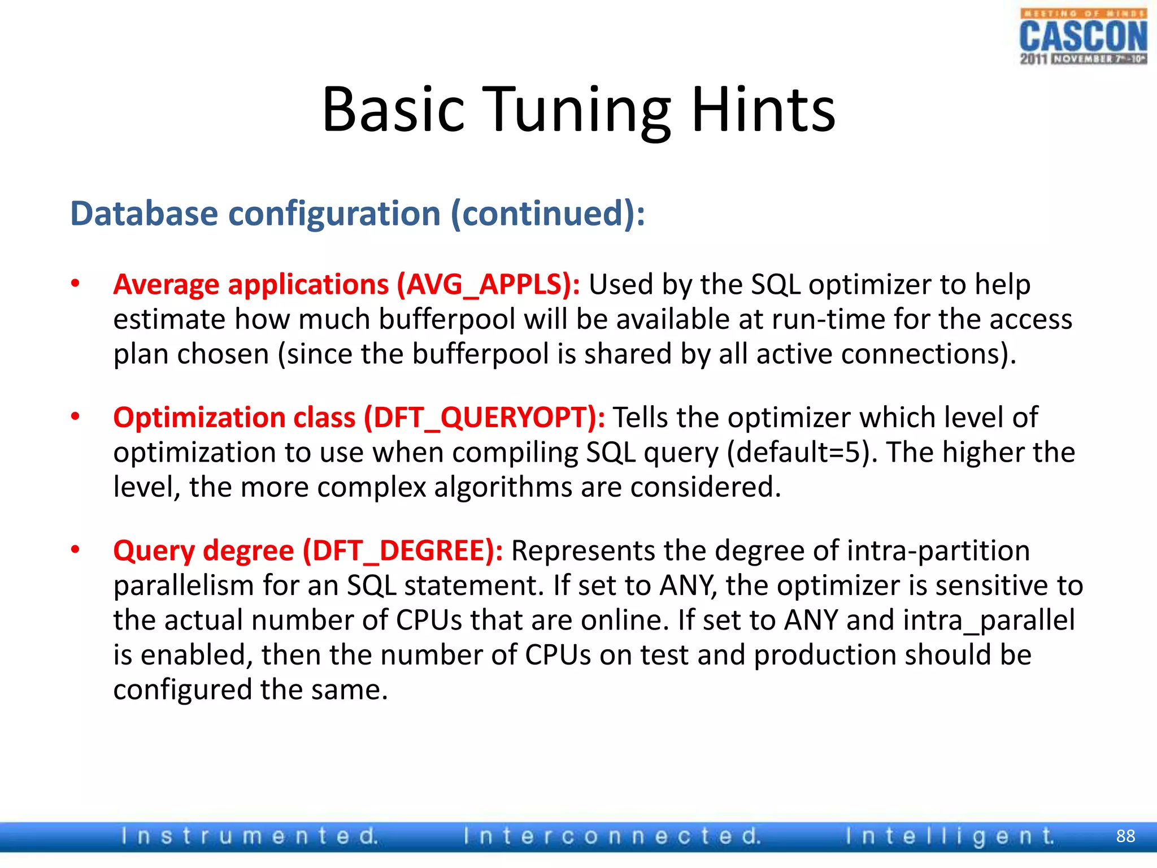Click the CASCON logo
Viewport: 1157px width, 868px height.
pyautogui.click(x=1083, y=37)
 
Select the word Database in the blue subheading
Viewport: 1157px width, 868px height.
pyautogui.click(x=144, y=214)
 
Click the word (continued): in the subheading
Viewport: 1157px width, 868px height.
pyautogui.click(x=547, y=214)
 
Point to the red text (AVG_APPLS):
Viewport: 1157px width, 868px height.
pyautogui.click(x=488, y=284)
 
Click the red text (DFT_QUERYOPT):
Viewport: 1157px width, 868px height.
pyautogui.click(x=484, y=418)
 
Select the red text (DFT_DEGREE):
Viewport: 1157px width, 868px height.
pyautogui.click(x=403, y=550)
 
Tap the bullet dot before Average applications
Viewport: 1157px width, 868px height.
pyautogui.click(x=75, y=284)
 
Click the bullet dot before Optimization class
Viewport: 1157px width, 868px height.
pyautogui.click(x=75, y=417)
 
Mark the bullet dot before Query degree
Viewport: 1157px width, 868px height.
pyautogui.click(x=75, y=550)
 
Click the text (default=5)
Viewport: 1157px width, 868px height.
pyautogui.click(x=802, y=453)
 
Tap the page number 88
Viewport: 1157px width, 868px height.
pyautogui.click(x=1125, y=836)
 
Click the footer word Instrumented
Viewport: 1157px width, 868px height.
pyautogui.click(x=249, y=836)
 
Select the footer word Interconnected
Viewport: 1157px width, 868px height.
pyautogui.click(x=612, y=836)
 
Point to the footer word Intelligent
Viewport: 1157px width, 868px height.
pyautogui.click(x=950, y=836)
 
